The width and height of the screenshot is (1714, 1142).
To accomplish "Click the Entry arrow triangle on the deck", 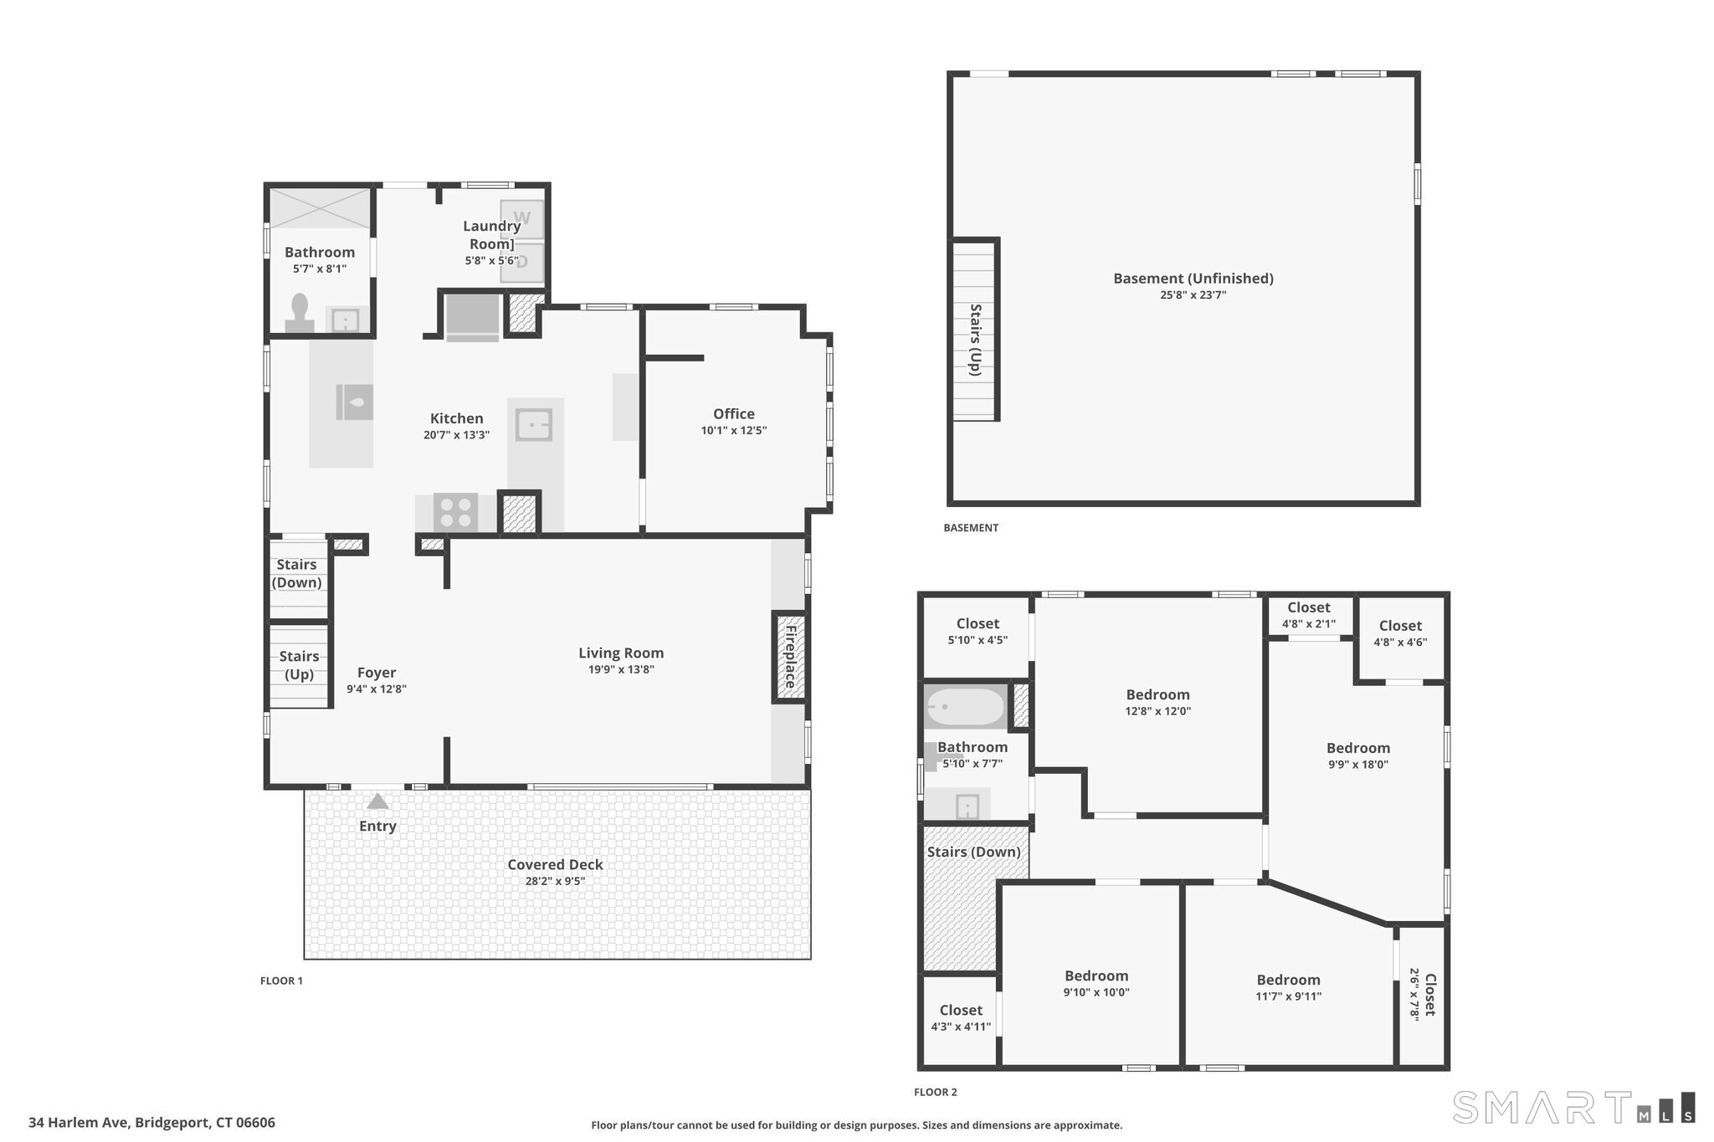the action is [x=378, y=801].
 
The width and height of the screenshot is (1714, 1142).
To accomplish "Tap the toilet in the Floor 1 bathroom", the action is [x=300, y=313].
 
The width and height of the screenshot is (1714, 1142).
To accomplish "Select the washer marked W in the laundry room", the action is [x=522, y=219].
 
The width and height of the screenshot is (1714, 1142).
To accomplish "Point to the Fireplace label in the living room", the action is [x=789, y=657].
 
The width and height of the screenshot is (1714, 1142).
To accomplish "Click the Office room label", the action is [x=734, y=414].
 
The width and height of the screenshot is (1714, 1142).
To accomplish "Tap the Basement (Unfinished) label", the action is [x=1193, y=279].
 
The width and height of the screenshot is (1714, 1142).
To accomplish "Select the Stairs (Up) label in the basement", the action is [x=975, y=340].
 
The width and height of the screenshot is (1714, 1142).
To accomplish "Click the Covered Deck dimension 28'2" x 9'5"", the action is [x=555, y=881].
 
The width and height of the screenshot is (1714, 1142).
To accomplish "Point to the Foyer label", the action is [x=377, y=673].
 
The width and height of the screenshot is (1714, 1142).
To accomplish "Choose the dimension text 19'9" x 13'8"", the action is [x=621, y=669].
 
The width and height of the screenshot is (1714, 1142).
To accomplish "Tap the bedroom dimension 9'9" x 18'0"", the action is [x=1357, y=765].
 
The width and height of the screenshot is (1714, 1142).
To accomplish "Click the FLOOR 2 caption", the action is [x=936, y=1092].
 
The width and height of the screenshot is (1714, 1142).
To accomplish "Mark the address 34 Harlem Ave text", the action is [x=80, y=1123].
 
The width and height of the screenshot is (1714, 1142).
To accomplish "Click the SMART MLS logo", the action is [x=1574, y=1107].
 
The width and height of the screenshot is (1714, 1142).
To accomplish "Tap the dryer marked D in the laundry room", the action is [x=522, y=262].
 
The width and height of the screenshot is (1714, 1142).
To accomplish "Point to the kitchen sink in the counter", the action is [x=533, y=425].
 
